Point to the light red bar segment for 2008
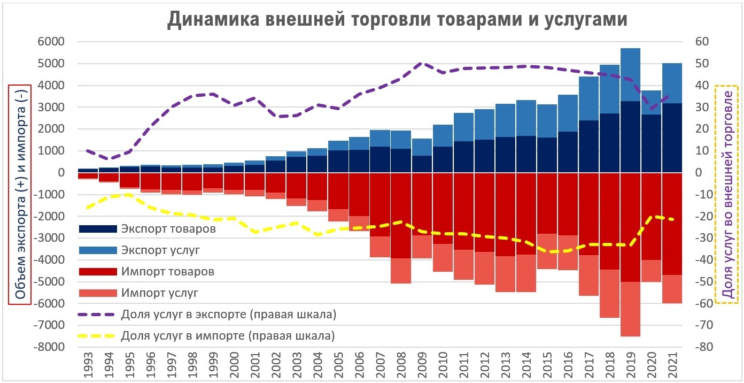[401, 271]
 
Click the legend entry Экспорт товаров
[168, 229]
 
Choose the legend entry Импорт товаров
[167, 272]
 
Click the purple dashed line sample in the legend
[97, 315]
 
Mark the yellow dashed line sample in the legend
[97, 336]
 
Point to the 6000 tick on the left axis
[51, 42]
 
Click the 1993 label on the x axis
[88, 366]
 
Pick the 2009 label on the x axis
[422, 366]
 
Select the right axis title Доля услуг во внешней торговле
[726, 194]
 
